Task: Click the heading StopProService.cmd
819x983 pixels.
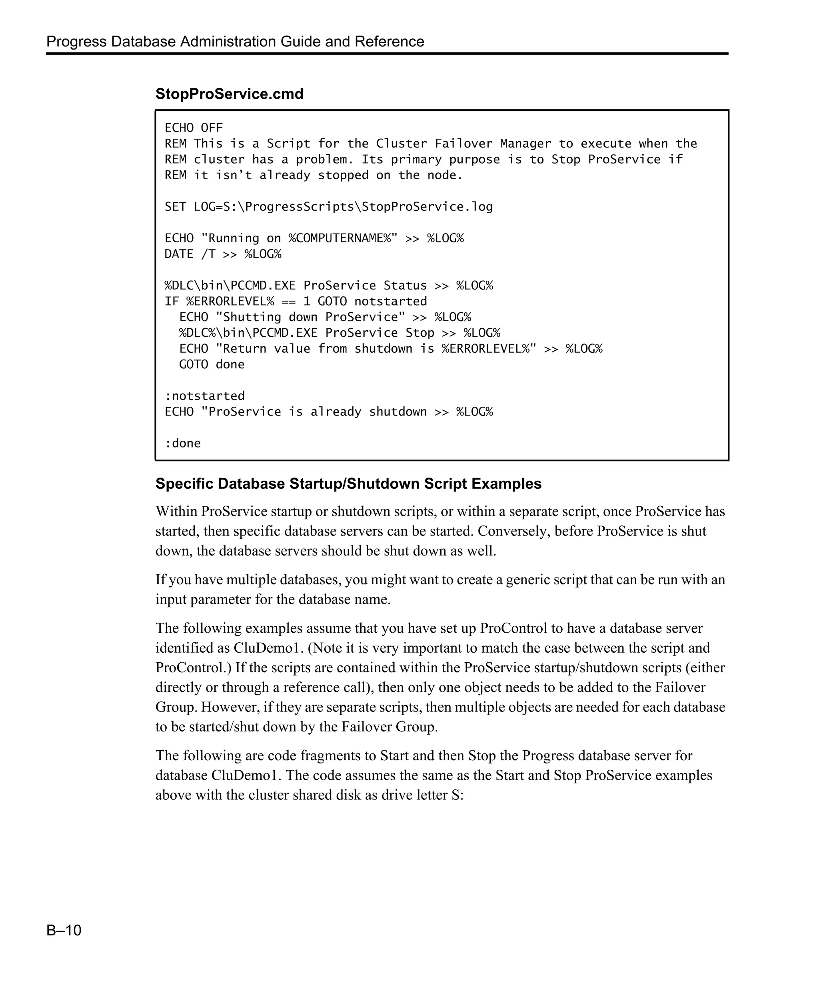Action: coord(229,94)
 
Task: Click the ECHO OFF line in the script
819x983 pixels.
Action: coord(193,128)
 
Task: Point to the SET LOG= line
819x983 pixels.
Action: coord(328,207)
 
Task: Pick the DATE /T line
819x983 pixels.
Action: coord(222,254)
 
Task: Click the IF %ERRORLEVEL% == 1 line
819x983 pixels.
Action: coord(295,302)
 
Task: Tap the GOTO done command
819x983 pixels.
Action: coord(212,364)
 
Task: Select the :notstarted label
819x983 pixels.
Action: coord(204,396)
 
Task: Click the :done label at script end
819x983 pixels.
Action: coord(182,443)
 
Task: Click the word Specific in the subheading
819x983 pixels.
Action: coord(184,484)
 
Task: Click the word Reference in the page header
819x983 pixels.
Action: coord(389,42)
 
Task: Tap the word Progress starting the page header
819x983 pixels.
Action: coord(76,42)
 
